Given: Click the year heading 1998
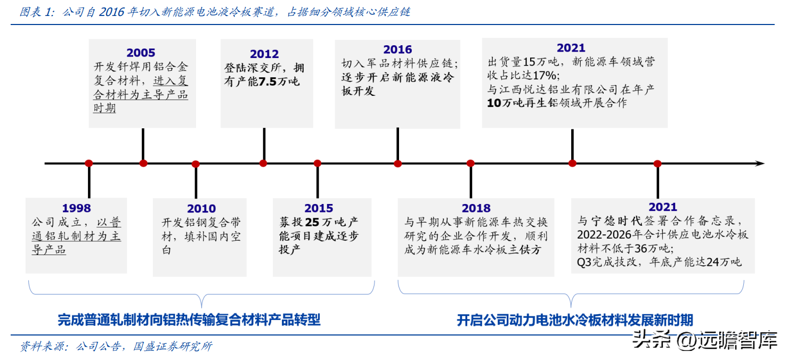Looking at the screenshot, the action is tap(76, 208).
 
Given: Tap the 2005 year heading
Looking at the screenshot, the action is tap(141, 53).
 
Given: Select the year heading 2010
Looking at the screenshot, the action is tap(201, 208).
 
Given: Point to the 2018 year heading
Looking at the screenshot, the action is tap(476, 208).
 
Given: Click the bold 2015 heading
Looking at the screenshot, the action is tap(319, 208).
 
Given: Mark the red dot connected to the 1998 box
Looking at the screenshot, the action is tap(88, 163).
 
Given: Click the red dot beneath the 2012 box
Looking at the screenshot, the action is tap(263, 163).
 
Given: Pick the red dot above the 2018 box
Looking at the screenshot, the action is tap(470, 163).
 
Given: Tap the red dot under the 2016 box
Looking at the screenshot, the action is tap(398, 163).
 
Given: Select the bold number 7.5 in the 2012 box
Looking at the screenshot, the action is tap(267, 82).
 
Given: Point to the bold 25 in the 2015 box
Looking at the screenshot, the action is tap(312, 222).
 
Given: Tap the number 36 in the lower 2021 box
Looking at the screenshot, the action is tap(641, 249).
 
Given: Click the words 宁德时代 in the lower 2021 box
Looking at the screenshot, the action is tap(616, 221).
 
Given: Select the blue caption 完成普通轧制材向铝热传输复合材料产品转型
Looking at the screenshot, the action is tap(189, 320).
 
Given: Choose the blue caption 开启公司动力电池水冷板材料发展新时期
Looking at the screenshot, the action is tap(575, 320).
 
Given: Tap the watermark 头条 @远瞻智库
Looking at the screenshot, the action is tap(705, 340).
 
